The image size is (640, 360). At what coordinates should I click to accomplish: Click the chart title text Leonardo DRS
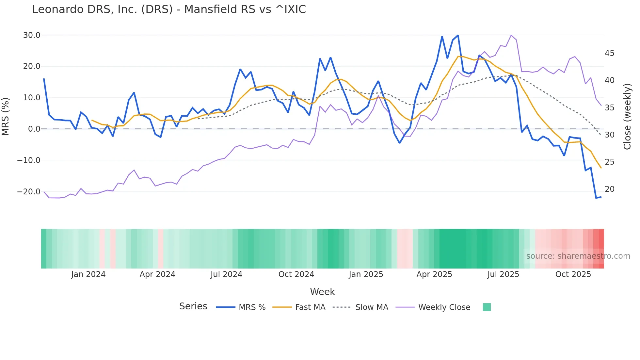[x=169, y=9]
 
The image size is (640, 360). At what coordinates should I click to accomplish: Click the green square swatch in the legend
[x=487, y=307]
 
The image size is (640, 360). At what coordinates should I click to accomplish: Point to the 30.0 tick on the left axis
[x=32, y=35]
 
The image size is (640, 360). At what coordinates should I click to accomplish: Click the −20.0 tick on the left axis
[x=29, y=192]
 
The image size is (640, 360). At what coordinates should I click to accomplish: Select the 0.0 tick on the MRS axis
[x=34, y=129]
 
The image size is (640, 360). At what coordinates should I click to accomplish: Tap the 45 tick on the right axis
[x=609, y=53]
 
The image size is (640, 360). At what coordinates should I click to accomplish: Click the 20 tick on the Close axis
[x=609, y=189]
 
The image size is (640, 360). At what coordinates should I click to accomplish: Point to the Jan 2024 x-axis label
[x=88, y=274]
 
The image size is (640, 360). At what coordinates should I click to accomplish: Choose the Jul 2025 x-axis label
[x=503, y=274]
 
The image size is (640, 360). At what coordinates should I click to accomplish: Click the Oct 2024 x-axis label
[x=296, y=274]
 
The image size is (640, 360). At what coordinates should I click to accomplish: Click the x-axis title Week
[x=322, y=292]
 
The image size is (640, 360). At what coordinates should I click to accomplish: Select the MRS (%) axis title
[x=6, y=116]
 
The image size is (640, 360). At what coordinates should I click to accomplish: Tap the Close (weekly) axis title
[x=627, y=117]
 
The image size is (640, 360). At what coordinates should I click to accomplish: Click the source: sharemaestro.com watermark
[x=578, y=256]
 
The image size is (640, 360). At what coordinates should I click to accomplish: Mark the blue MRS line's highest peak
[x=458, y=35]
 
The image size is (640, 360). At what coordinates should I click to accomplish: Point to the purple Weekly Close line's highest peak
[x=511, y=35]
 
